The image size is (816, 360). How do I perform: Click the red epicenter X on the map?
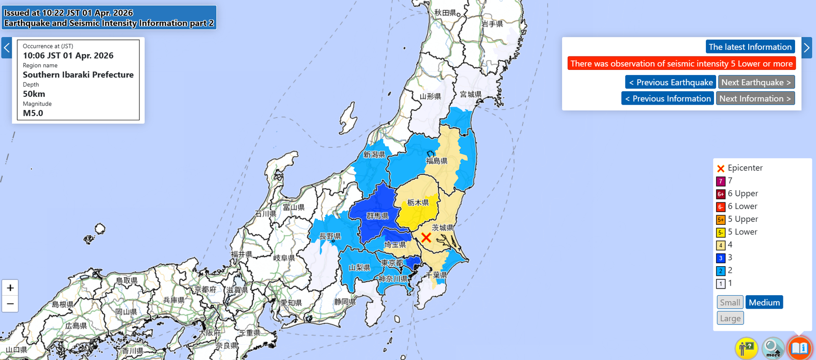[x=426, y=237]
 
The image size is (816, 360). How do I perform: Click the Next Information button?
[x=755, y=98]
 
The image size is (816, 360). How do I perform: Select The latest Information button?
[x=750, y=47]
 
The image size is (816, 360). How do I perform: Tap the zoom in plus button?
[x=10, y=288]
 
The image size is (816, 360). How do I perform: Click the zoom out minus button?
[x=10, y=303]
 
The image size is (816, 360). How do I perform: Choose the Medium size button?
[x=764, y=302]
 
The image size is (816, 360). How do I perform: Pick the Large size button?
[x=730, y=318]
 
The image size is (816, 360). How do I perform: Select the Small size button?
[x=730, y=302]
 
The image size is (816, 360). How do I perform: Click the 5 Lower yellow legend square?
[x=721, y=233]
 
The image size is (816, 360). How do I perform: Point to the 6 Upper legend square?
[x=721, y=194]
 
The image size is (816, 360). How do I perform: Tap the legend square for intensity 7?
[x=721, y=181]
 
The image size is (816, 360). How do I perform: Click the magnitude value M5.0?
[x=33, y=113]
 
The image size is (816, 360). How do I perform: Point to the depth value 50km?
[x=34, y=94]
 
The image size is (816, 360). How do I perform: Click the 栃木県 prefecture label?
[x=418, y=202]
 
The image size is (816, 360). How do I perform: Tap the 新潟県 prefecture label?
[x=374, y=155]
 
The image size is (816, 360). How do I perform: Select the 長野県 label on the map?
[x=330, y=236]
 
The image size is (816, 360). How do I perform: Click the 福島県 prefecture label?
[x=437, y=161]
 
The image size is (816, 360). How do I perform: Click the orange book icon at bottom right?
[x=799, y=348]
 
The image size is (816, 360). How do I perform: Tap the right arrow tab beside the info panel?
[x=806, y=47]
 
